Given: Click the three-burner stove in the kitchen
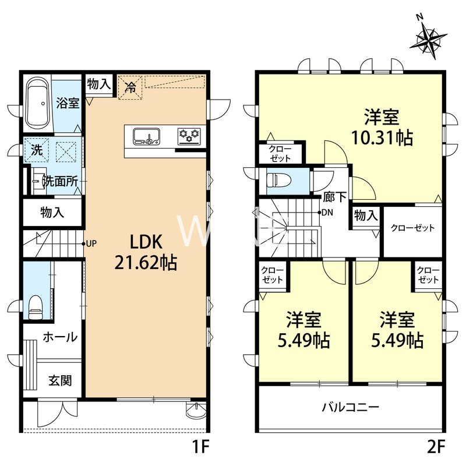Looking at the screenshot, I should tap(189, 136).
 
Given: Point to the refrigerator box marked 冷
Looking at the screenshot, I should tap(130, 88).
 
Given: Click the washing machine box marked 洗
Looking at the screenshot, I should tap(36, 149).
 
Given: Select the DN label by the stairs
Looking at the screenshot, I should tap(327, 212).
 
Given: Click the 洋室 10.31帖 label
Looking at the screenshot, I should tap(382, 128).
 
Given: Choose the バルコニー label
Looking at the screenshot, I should tap(351, 407).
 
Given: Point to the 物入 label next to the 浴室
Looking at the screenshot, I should tap(98, 84).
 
